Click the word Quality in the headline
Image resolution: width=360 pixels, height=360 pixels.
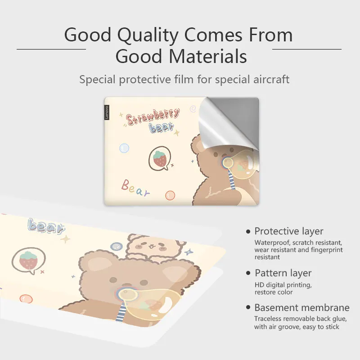148,35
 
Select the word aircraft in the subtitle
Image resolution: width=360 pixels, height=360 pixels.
271,80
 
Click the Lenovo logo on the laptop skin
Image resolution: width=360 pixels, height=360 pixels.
107,112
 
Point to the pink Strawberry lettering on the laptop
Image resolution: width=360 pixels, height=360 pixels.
153,117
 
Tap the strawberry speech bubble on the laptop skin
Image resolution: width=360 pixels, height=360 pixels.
160,159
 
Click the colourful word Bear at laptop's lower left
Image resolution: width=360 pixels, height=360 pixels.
135,188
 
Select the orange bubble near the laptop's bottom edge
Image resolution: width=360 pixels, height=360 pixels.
170,195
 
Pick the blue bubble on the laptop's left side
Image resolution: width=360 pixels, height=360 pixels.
124,148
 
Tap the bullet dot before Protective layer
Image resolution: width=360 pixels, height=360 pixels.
248,231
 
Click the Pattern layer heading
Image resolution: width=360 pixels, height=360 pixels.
283,273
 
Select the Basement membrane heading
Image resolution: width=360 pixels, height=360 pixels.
302,308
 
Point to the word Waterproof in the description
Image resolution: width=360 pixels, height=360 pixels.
271,243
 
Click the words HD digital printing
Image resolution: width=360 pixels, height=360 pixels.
283,285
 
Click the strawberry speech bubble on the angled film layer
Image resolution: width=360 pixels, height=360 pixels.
29,261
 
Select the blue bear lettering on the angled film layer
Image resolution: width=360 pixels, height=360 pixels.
46,226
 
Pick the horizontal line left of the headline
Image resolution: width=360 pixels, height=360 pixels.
51,49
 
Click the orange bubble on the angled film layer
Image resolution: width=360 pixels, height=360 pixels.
26,299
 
